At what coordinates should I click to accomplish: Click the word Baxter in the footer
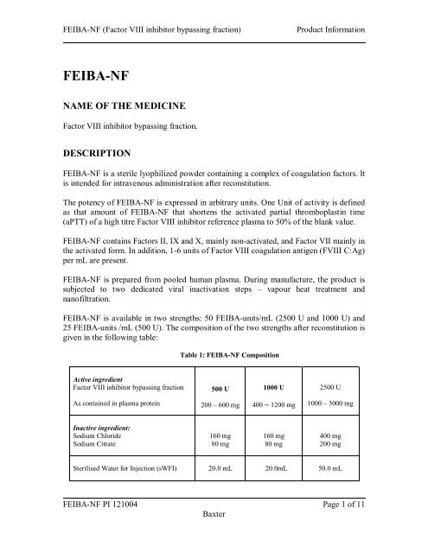coord(214,524)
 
